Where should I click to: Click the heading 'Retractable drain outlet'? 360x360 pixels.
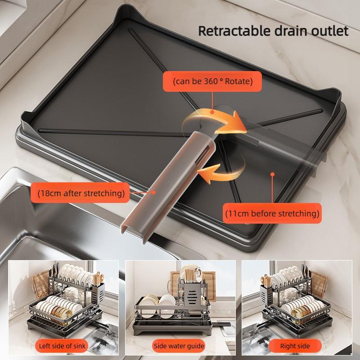point(274,31)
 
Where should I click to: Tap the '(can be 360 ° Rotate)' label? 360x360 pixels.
point(212,82)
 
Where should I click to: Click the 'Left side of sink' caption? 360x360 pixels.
point(63,346)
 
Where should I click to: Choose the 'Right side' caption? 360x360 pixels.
point(295,346)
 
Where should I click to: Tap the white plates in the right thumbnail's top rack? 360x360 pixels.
point(288,275)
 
